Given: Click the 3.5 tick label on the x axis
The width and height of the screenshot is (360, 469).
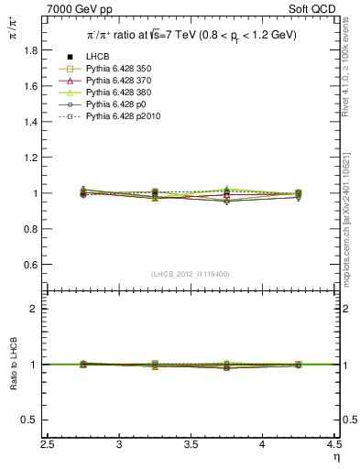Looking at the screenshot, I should [191, 444].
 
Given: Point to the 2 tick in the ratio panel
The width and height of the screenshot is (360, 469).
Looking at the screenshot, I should [38, 309].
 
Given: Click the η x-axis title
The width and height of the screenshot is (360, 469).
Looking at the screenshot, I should [336, 456].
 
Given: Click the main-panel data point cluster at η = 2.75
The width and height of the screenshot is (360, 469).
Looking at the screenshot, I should [83, 192].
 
